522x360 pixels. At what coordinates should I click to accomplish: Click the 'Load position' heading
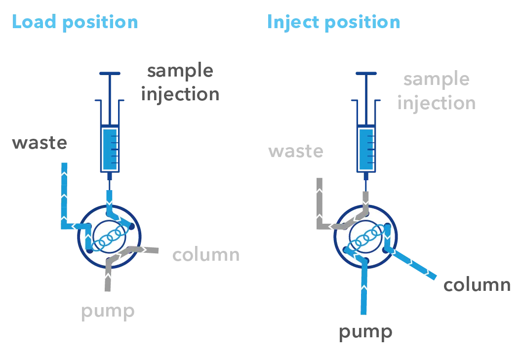75,23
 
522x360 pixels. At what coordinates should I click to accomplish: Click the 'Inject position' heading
333,23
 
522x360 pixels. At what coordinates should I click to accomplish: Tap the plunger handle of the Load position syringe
110,74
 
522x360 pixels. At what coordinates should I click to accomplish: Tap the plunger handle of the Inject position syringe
367,74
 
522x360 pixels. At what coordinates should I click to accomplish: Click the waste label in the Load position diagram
39,144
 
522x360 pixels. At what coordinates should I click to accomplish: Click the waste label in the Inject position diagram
296,151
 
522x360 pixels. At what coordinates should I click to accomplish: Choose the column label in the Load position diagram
205,255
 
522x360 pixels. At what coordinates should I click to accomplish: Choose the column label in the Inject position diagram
478,285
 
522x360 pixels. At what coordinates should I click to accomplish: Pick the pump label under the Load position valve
106,312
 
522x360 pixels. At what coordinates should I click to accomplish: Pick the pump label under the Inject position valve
367,333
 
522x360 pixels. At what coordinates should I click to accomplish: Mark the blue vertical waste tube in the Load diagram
64,193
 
